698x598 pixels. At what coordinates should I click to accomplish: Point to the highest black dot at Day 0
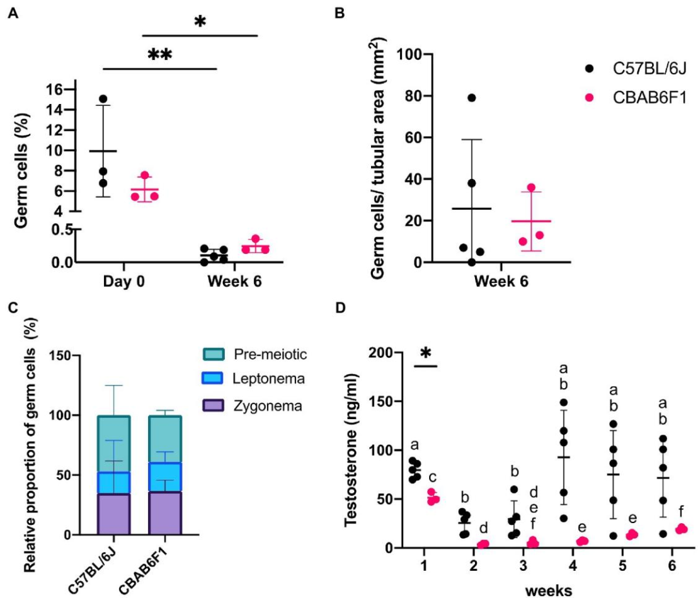pos(102,99)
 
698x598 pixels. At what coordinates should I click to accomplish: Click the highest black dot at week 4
pos(546,402)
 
